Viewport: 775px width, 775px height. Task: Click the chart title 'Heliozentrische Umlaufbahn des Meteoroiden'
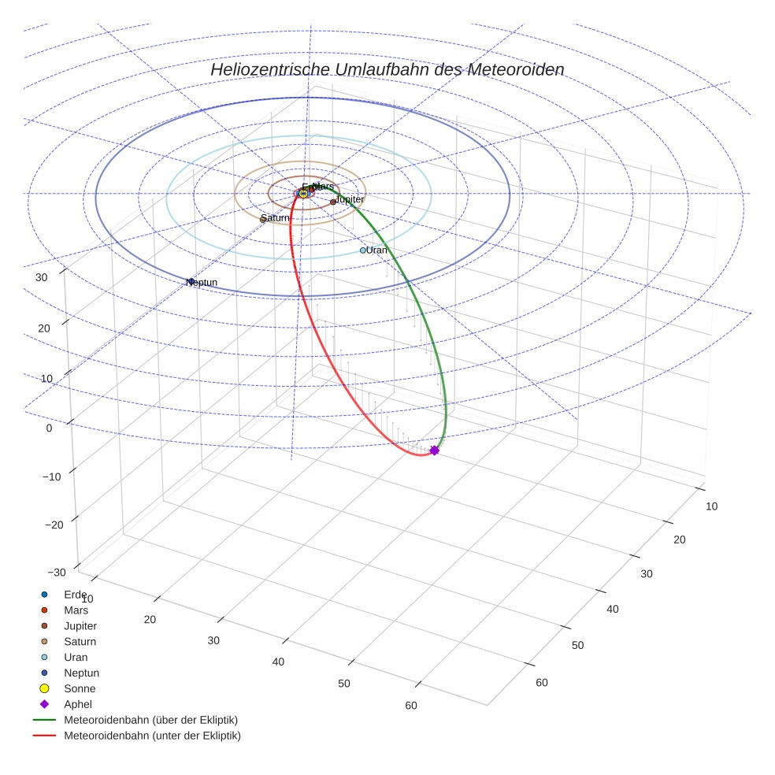(387, 69)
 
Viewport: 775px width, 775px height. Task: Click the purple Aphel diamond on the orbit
(434, 451)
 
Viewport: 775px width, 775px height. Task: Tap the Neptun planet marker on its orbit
(190, 281)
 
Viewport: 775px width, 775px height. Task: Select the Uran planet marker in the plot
(363, 250)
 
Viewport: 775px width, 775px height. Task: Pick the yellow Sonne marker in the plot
(303, 194)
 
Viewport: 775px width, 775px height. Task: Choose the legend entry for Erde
(76, 594)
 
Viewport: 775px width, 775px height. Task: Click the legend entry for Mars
(76, 610)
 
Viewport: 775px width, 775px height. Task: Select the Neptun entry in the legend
(81, 673)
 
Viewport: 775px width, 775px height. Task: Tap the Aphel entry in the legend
(78, 704)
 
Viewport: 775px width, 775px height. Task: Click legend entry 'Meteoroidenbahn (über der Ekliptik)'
(150, 720)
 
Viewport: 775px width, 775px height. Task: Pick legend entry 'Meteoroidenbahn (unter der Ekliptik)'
(152, 736)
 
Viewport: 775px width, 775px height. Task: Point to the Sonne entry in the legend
(80, 688)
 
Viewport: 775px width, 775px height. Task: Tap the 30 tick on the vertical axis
(43, 276)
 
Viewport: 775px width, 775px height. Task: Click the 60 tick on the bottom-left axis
(410, 705)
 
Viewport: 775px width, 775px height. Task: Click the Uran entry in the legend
(76, 657)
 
